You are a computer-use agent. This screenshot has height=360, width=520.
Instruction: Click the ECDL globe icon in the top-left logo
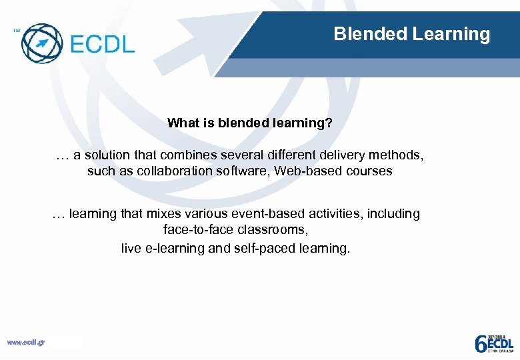tap(41, 42)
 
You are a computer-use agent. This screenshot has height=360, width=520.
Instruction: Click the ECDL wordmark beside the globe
tap(102, 44)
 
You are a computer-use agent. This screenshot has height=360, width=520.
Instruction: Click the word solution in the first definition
tap(107, 155)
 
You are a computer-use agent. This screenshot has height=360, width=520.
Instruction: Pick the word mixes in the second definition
tap(160, 214)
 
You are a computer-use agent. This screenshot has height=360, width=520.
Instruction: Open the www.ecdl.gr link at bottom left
tap(26, 343)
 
